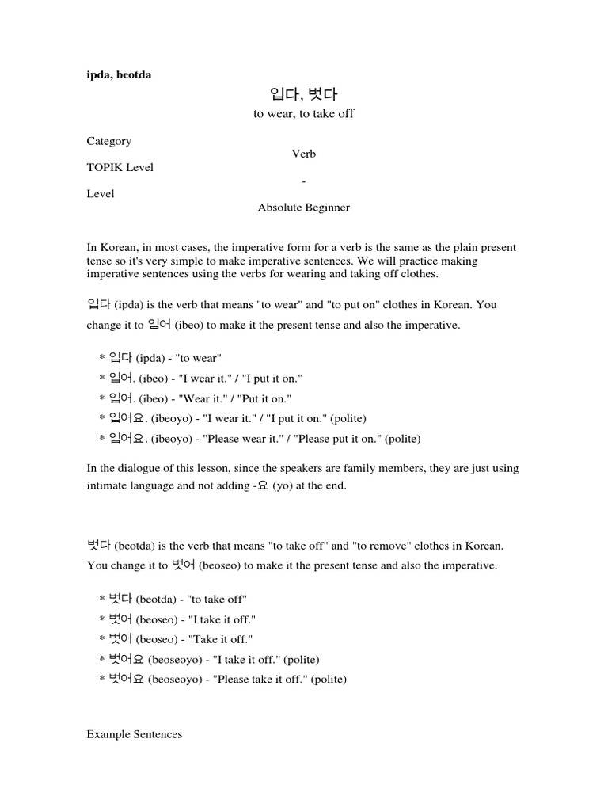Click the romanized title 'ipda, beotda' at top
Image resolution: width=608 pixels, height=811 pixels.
(119, 74)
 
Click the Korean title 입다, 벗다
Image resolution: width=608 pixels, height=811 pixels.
(304, 95)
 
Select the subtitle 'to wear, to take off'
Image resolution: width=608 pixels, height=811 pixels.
(304, 114)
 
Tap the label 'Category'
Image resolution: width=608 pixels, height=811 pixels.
(109, 141)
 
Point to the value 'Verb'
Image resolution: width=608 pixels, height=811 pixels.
(304, 154)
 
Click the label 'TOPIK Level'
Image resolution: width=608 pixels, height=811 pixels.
(120, 167)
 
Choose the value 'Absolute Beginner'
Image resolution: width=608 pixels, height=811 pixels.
(304, 208)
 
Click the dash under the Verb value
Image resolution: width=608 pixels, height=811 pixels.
(304, 181)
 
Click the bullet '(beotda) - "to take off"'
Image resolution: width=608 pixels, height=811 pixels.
(174, 600)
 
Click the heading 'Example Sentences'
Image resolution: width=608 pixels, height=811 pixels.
(134, 734)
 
